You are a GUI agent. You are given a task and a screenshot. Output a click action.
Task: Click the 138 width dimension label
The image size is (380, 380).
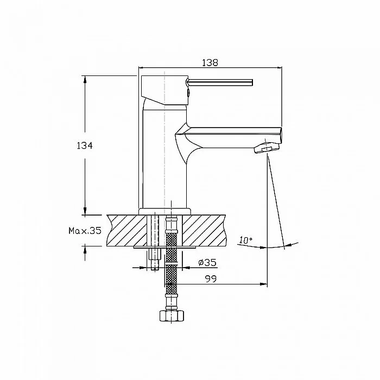[210, 62]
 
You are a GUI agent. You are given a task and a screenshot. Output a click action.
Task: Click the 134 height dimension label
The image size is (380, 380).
[85, 145]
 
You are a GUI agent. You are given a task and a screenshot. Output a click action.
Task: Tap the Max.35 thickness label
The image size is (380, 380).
[85, 231]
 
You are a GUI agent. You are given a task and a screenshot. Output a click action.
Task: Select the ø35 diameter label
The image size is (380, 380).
[207, 262]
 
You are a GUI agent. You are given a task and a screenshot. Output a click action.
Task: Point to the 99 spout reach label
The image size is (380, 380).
[211, 279]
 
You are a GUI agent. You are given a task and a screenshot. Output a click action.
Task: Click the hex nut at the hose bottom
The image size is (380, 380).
[172, 315]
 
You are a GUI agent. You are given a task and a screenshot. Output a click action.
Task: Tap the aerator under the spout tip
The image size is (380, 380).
[267, 148]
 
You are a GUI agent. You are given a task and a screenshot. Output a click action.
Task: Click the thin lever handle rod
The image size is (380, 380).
[220, 83]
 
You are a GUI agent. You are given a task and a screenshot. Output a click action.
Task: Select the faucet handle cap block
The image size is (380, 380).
[164, 90]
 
